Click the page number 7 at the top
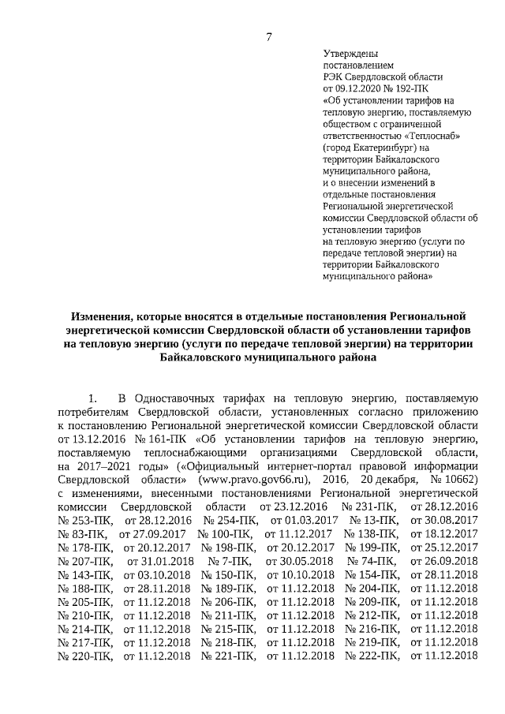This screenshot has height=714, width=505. (x=269, y=36)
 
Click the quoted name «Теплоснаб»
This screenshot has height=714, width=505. (x=432, y=135)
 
